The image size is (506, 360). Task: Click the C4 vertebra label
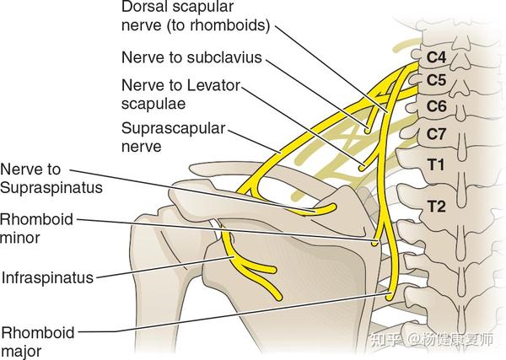point(437,61)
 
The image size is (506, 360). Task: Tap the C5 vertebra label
point(437,82)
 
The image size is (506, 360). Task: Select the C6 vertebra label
point(437,106)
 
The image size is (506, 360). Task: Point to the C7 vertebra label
point(437,133)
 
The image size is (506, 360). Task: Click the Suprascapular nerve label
point(160,137)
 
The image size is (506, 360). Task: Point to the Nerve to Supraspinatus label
point(51,179)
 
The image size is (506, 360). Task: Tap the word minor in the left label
point(19,237)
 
